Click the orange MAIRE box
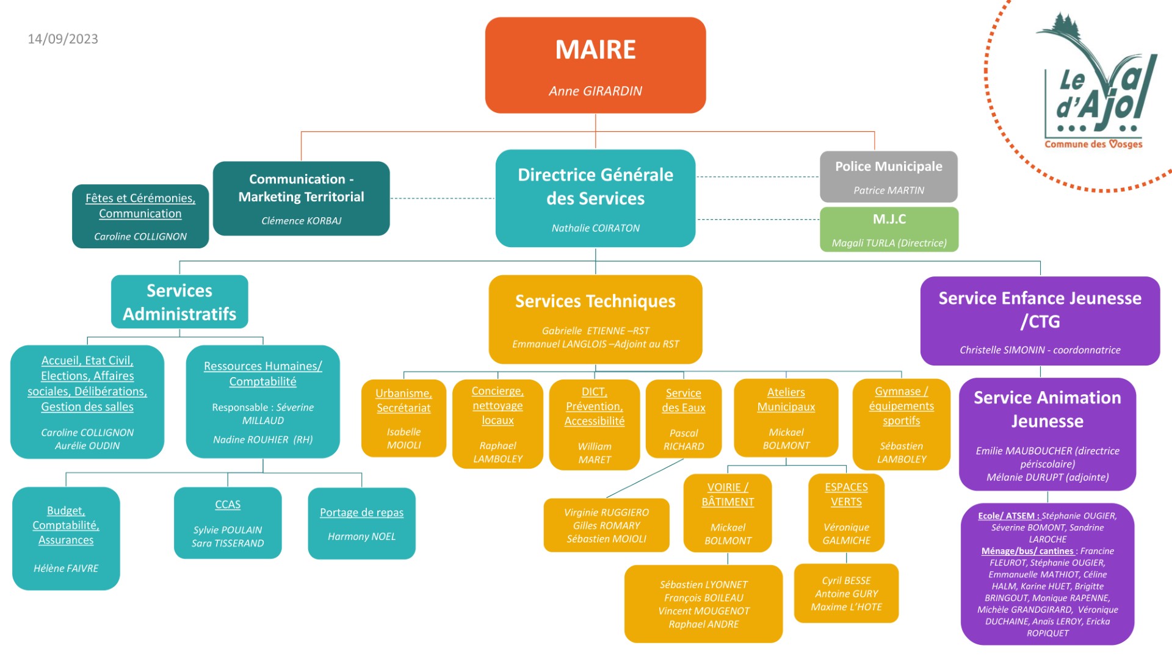[595, 65]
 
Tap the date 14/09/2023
[63, 39]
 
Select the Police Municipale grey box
[888, 176]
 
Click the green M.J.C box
[889, 229]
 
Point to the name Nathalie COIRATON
[595, 228]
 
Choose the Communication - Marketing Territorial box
[301, 198]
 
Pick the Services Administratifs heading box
[179, 302]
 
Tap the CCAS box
[228, 523]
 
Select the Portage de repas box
[361, 523]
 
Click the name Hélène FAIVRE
[66, 568]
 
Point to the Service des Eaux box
[684, 419]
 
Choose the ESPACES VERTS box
[846, 513]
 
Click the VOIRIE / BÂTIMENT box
[728, 513]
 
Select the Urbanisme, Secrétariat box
[403, 419]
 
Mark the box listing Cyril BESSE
[846, 593]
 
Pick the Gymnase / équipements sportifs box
[901, 424]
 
